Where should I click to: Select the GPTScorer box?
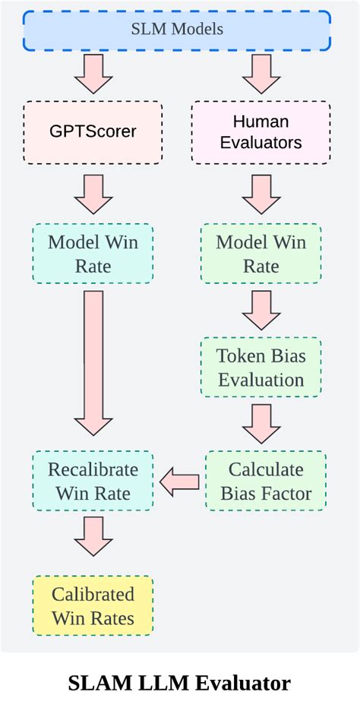click(x=93, y=131)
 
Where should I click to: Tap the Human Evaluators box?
click(x=261, y=131)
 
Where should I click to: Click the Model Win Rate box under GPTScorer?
click(x=93, y=254)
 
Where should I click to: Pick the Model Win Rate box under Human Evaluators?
click(x=261, y=254)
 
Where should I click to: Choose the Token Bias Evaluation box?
click(x=261, y=368)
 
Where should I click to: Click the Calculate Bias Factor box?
click(x=265, y=481)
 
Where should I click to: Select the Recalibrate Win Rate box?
click(x=93, y=481)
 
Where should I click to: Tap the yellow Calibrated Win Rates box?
click(x=93, y=605)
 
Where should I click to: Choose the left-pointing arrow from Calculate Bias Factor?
click(x=179, y=481)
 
